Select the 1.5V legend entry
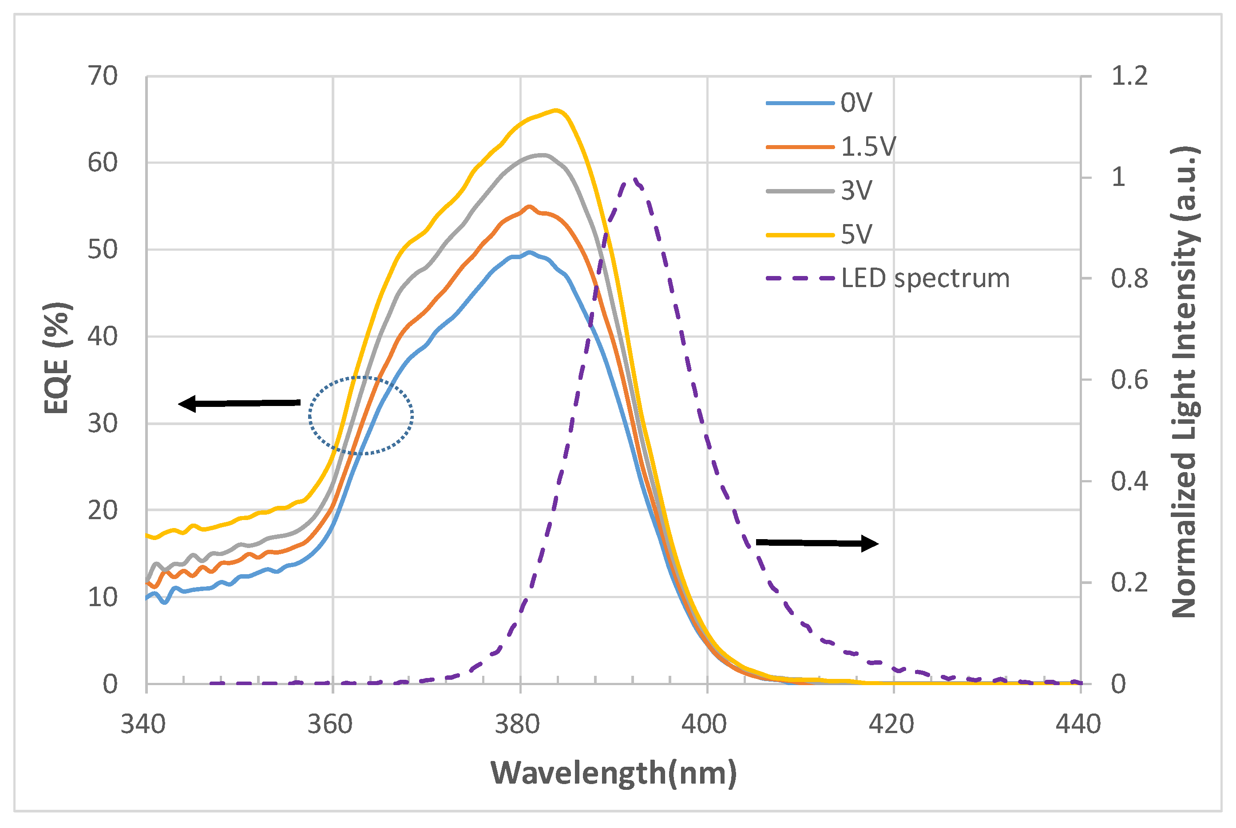click(868, 146)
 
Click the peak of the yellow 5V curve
click(556, 110)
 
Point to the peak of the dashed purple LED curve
click(635, 180)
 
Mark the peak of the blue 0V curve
click(529, 252)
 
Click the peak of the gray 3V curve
click(542, 155)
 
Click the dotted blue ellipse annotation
click(361, 416)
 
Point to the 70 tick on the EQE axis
click(103, 77)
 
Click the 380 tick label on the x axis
click(517, 724)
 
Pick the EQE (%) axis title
click(56, 358)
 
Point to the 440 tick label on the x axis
click(1078, 724)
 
